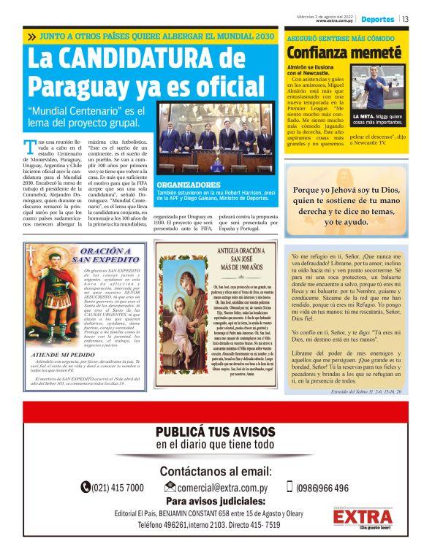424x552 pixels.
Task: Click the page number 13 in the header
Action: click(x=406, y=19)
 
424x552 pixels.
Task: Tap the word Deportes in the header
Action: click(x=378, y=19)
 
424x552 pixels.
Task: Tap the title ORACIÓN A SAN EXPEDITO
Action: click(x=105, y=255)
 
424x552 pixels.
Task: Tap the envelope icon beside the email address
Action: click(x=170, y=487)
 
